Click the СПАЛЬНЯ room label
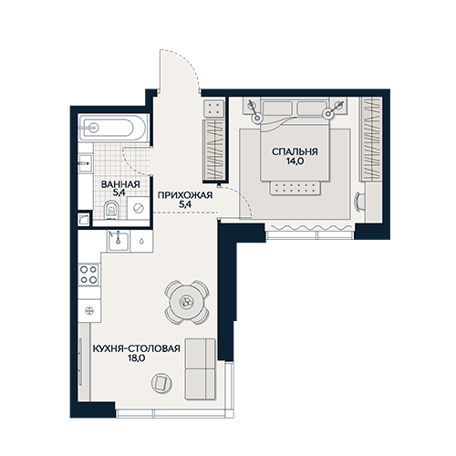[295, 151]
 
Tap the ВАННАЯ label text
[120, 184]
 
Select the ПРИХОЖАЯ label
[185, 195]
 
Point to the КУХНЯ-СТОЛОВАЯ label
[136, 348]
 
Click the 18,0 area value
[136, 358]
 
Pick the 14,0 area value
[295, 161]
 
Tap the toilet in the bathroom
[111, 210]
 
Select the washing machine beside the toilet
[139, 208]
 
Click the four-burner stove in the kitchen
[88, 275]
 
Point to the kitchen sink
[119, 240]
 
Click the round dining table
[187, 302]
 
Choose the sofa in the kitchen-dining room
[200, 368]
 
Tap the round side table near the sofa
[161, 383]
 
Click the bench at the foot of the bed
[295, 188]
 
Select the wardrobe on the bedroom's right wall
[371, 139]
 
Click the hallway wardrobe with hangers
[214, 150]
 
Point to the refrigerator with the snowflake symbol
[89, 310]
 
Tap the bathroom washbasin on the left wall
[85, 163]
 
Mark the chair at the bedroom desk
[359, 201]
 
